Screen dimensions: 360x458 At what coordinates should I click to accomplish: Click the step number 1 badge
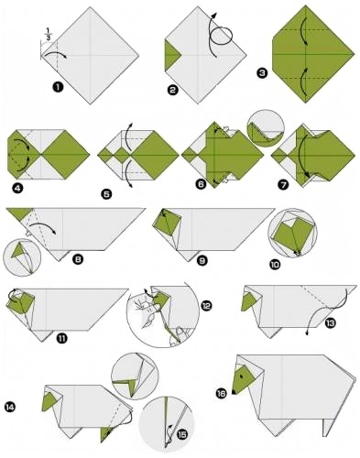pos(58,88)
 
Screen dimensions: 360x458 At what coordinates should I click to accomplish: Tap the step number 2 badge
pos(173,90)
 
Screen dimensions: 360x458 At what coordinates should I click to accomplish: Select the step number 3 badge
pos(263,73)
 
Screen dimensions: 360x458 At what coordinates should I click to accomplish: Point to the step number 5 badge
pos(107,194)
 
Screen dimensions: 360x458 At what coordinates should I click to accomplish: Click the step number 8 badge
pos(78,259)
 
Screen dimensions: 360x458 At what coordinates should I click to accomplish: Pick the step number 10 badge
pos(275,265)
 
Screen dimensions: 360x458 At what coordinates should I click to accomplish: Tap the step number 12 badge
pos(207,306)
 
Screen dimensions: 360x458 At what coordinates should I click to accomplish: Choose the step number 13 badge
pos(331,323)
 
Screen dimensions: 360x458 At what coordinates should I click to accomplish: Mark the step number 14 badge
pos(10,407)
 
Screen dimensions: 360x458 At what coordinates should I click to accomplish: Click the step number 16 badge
pos(222,394)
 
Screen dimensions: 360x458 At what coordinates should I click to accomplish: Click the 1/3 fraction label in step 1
pos(49,34)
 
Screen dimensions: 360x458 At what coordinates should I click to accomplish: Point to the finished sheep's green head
pos(244,379)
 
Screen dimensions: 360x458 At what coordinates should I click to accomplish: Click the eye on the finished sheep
pos(242,376)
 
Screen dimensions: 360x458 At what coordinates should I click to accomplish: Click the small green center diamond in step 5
pos(123,155)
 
